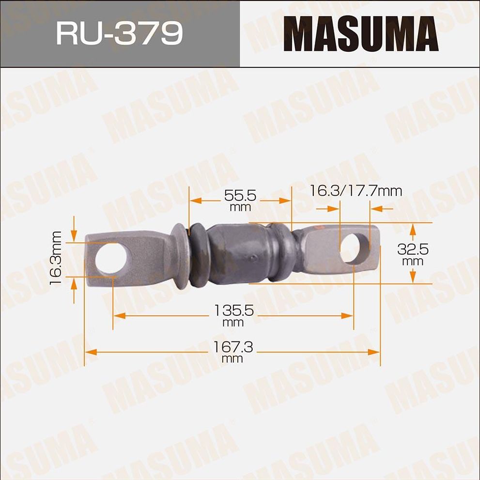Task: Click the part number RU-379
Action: [119, 33]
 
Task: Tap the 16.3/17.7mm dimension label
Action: [356, 190]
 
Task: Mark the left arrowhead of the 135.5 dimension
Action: [119, 315]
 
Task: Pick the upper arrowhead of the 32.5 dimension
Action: [412, 228]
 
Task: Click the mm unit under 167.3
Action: [232, 359]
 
